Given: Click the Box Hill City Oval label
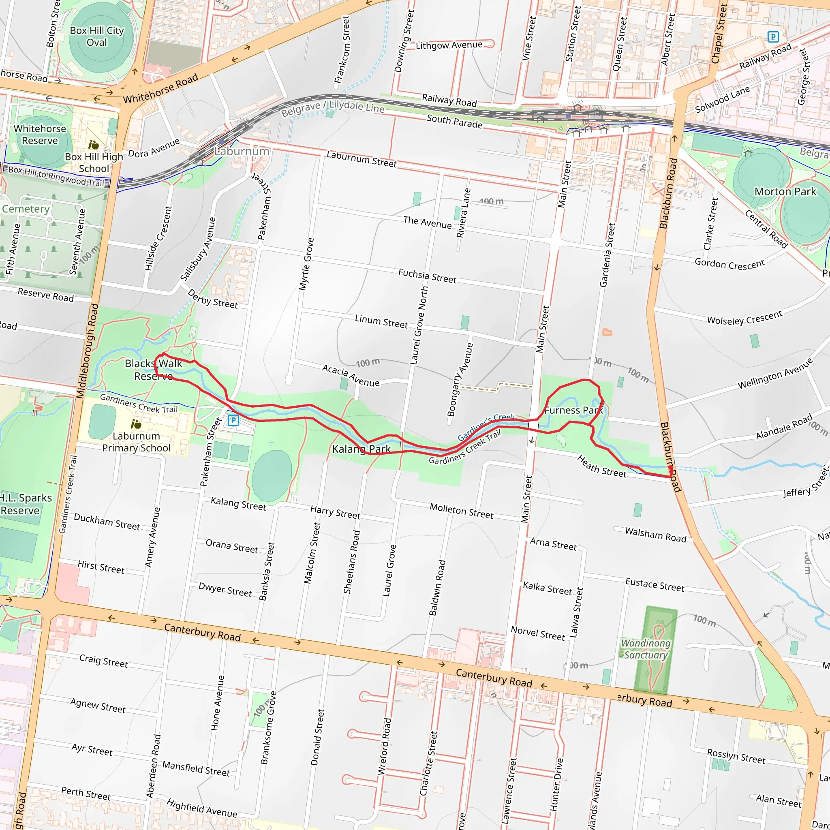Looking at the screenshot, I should [97, 36].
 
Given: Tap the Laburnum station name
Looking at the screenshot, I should [242, 151].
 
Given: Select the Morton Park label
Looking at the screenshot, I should [785, 192].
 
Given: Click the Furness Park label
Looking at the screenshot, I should [573, 410].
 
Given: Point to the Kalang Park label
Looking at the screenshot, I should [361, 449].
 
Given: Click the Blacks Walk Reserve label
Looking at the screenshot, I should [153, 370].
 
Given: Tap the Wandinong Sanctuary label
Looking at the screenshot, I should [646, 649].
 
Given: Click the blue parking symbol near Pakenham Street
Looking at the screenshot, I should [233, 420].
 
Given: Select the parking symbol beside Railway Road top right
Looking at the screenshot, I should [773, 37].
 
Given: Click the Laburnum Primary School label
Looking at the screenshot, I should [136, 442].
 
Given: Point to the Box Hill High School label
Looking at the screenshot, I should [94, 163].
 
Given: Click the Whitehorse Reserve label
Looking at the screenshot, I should [40, 135].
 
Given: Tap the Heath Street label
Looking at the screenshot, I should [601, 466].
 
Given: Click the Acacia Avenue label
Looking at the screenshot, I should [351, 375].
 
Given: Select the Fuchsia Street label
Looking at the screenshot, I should [427, 276].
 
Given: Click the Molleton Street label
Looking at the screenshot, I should [461, 511].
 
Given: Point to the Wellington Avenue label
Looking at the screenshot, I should [775, 373].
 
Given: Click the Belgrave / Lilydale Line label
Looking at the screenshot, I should [333, 107].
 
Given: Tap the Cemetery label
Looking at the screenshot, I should [26, 209].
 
